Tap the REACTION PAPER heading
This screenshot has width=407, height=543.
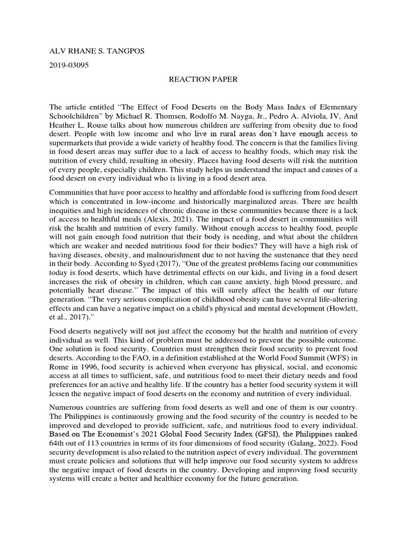tap(196, 80)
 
